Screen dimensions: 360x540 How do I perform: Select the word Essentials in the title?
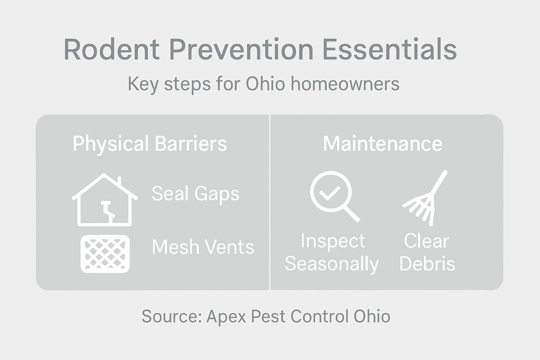pos(389,50)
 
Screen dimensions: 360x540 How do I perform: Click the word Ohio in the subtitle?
pos(265,84)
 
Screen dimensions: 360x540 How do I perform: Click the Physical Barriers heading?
pos(150,143)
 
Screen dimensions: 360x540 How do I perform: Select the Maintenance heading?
pos(382,143)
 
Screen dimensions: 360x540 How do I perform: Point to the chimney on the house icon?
pos(120,181)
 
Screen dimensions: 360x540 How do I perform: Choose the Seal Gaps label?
pos(195,193)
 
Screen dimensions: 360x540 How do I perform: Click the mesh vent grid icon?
pos(105,253)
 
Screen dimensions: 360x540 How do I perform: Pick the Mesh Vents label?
pos(203,247)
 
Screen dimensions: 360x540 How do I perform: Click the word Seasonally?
pos(332,264)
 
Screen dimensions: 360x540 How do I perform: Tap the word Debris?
pos(427,264)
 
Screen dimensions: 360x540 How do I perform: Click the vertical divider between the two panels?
pos(270,202)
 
